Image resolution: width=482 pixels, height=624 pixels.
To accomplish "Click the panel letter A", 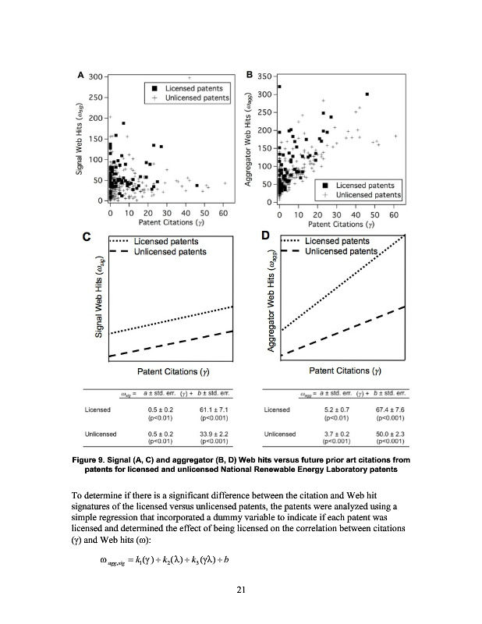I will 80,76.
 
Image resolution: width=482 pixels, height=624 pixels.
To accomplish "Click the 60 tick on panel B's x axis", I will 394,214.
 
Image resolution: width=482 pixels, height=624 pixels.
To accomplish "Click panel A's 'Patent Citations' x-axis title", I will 166,222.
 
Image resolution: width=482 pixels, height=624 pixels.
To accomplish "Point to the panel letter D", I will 264,235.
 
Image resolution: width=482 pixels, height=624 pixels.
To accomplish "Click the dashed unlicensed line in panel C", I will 172,343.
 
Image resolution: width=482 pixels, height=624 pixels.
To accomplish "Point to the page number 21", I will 241,590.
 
